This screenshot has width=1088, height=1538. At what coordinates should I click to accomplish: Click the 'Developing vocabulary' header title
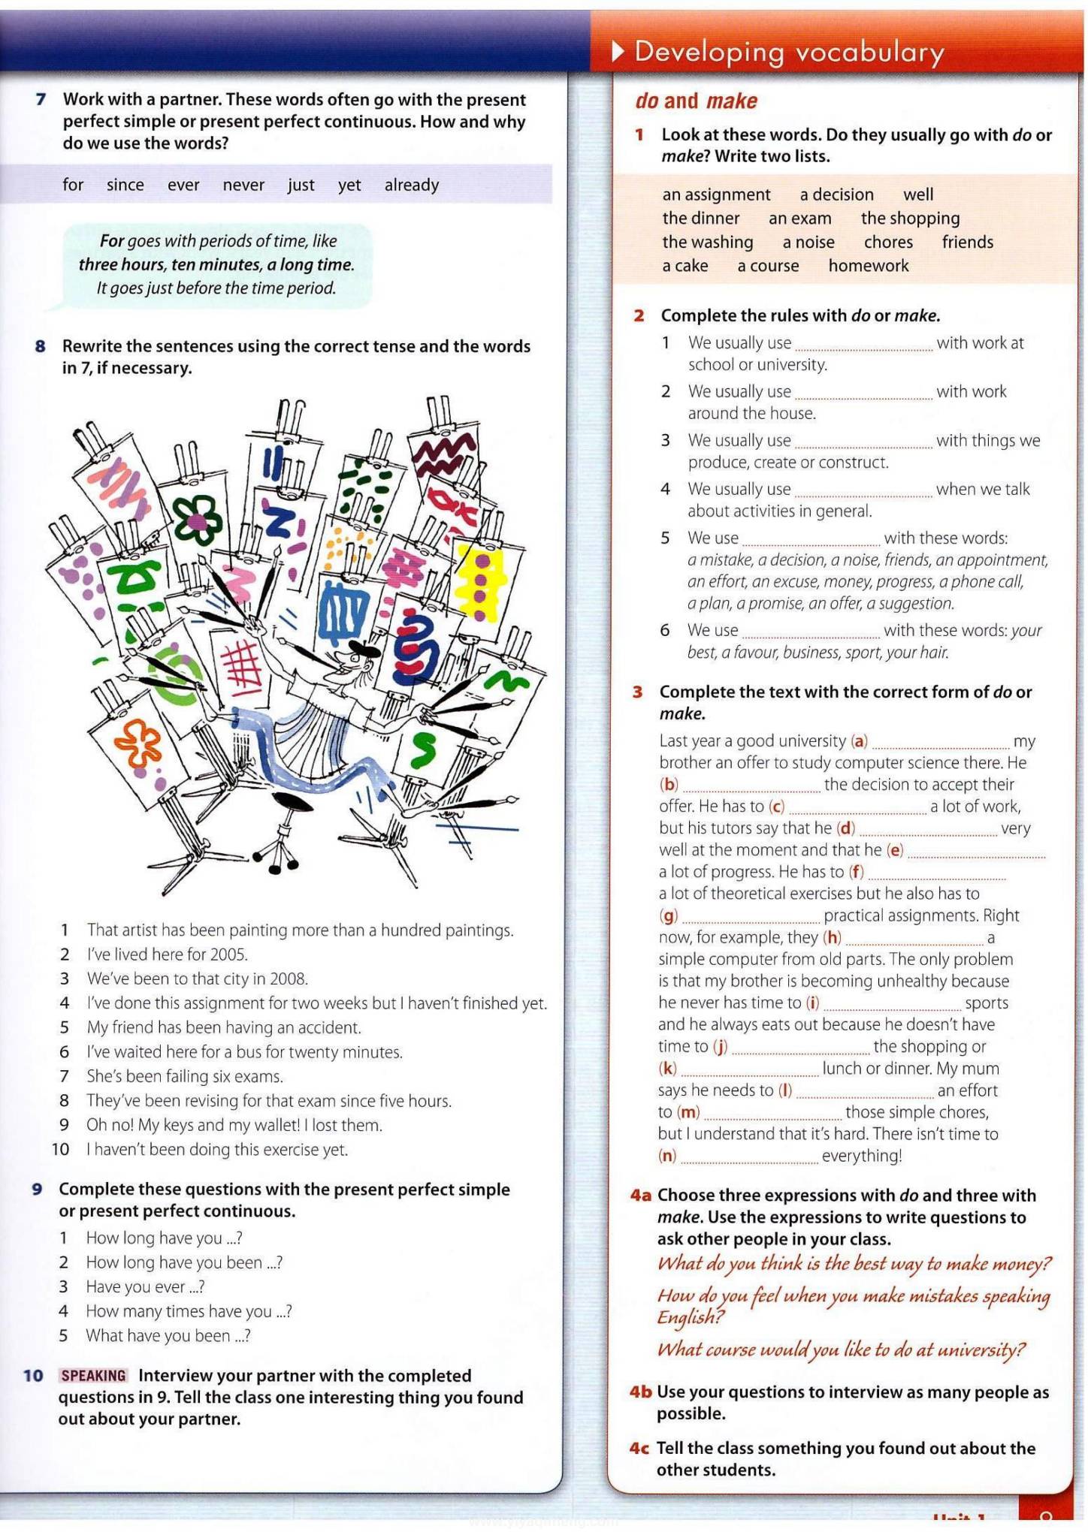pos(788,53)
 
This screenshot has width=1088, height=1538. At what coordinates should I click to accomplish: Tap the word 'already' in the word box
pos(411,185)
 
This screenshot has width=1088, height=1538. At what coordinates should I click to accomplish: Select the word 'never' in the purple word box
pos(243,185)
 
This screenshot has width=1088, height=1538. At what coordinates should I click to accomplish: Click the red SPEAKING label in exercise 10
pos(94,1375)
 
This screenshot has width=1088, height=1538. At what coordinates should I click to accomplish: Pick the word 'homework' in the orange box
pos(869,266)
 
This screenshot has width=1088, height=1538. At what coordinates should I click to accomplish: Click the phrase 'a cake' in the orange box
pos(685,266)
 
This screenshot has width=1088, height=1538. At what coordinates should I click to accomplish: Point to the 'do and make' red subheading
pos(696,101)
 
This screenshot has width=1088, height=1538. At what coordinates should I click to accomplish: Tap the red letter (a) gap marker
pos(859,741)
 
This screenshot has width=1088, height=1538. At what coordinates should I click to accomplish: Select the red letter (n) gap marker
pos(667,1156)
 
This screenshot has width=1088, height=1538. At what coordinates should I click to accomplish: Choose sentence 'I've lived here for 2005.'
pos(167,954)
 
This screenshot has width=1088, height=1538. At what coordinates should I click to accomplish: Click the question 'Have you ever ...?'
pos(145,1287)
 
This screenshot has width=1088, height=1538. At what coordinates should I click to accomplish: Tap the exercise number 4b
pos(640,1392)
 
